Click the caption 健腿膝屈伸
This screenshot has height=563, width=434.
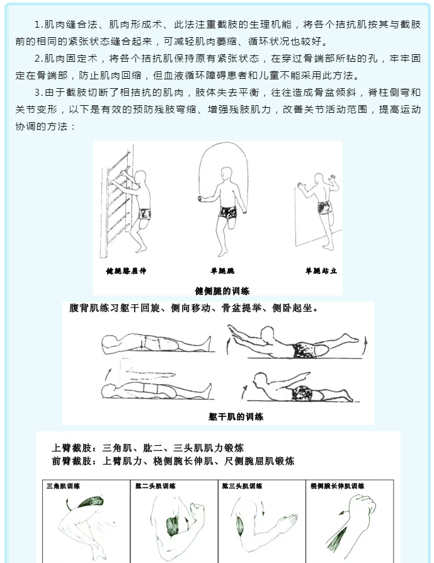tap(126, 271)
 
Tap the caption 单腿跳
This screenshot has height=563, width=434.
tap(222, 271)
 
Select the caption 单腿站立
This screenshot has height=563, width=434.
tap(321, 271)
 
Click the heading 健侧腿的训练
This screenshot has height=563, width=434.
tap(222, 291)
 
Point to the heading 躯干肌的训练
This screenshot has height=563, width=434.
tap(236, 416)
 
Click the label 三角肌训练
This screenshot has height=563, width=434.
tap(63, 486)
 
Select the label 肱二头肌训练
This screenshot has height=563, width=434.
tap(156, 486)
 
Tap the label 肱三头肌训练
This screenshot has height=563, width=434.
tap(242, 486)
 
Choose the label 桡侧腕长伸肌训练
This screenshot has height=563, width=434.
tap(338, 486)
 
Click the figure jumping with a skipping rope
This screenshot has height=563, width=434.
tap(222, 202)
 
